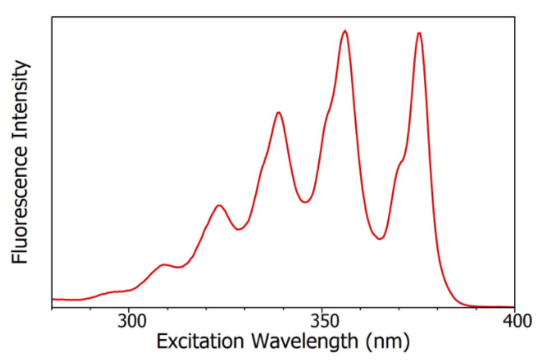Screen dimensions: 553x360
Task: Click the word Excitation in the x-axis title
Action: coord(200,341)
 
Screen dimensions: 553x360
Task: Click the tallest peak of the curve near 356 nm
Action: coord(345,31)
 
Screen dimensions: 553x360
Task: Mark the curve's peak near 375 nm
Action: coord(419,33)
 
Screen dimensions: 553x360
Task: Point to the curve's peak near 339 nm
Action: coord(278,113)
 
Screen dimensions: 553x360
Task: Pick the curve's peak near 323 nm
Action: coord(220,205)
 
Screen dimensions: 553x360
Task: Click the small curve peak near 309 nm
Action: coord(163,264)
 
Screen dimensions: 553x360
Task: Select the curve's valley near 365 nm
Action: coord(379,239)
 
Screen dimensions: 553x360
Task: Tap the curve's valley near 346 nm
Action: coord(305,202)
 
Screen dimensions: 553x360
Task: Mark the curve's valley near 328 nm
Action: coord(239,229)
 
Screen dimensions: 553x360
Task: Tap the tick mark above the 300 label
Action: coord(129,310)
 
